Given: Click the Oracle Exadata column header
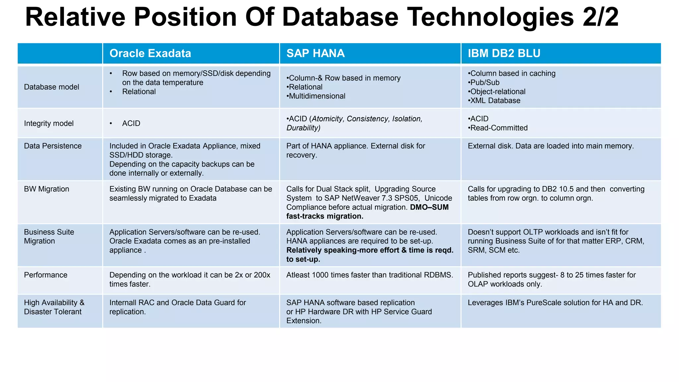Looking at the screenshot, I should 150,53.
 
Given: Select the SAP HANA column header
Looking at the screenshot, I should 315,53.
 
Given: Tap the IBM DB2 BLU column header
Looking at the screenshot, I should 504,53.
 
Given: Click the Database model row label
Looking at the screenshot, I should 51,87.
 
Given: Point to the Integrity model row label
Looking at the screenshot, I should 49,123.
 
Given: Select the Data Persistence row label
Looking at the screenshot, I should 53,146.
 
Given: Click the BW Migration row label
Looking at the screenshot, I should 46,189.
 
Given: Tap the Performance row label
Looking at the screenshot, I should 45,275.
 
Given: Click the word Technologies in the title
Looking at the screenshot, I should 490,17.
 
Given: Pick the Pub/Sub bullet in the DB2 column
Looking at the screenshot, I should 484,83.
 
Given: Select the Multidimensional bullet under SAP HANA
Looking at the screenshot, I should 317,96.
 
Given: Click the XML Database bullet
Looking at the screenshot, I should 495,100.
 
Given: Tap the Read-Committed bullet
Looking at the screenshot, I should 499,128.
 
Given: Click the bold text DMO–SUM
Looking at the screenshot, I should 429,207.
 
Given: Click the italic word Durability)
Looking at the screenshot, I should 303,128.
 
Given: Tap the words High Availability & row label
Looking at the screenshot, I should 54,303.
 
